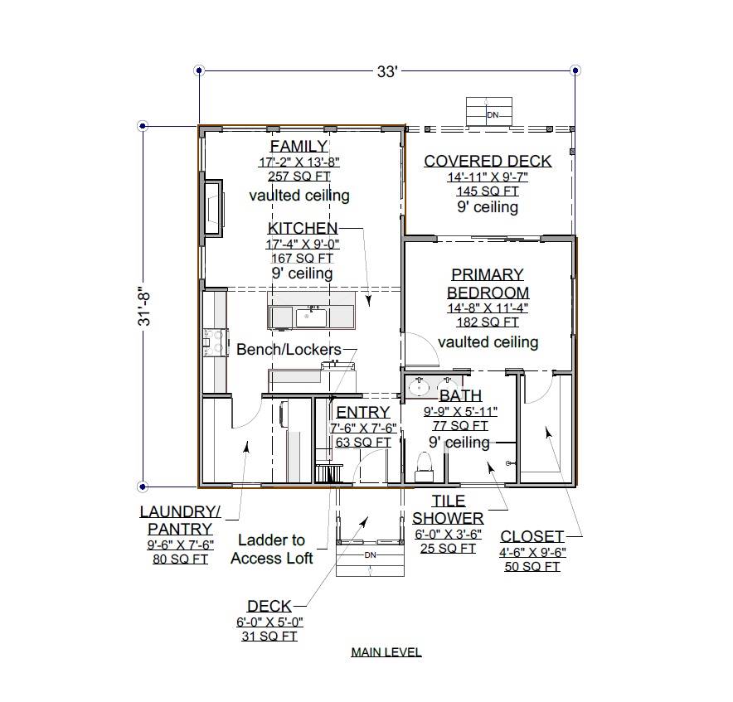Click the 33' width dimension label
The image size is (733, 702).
[387, 71]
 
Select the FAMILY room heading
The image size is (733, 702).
[299, 146]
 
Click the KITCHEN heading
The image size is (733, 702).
[303, 228]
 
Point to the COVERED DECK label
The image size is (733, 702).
[488, 161]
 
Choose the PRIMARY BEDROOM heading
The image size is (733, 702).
[488, 283]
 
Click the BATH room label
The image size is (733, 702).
[460, 395]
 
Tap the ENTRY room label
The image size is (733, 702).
[363, 412]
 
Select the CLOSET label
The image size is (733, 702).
[532, 536]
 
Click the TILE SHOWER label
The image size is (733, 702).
[448, 510]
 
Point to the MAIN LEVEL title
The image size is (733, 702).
[386, 652]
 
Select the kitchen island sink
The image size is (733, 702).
[310, 317]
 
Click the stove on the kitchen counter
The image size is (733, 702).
[215, 341]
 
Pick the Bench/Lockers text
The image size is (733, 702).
[289, 349]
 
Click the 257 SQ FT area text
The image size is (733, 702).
[299, 177]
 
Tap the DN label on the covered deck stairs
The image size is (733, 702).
[493, 115]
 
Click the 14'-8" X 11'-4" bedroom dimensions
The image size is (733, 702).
[488, 308]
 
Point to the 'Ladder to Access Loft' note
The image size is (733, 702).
[272, 549]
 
